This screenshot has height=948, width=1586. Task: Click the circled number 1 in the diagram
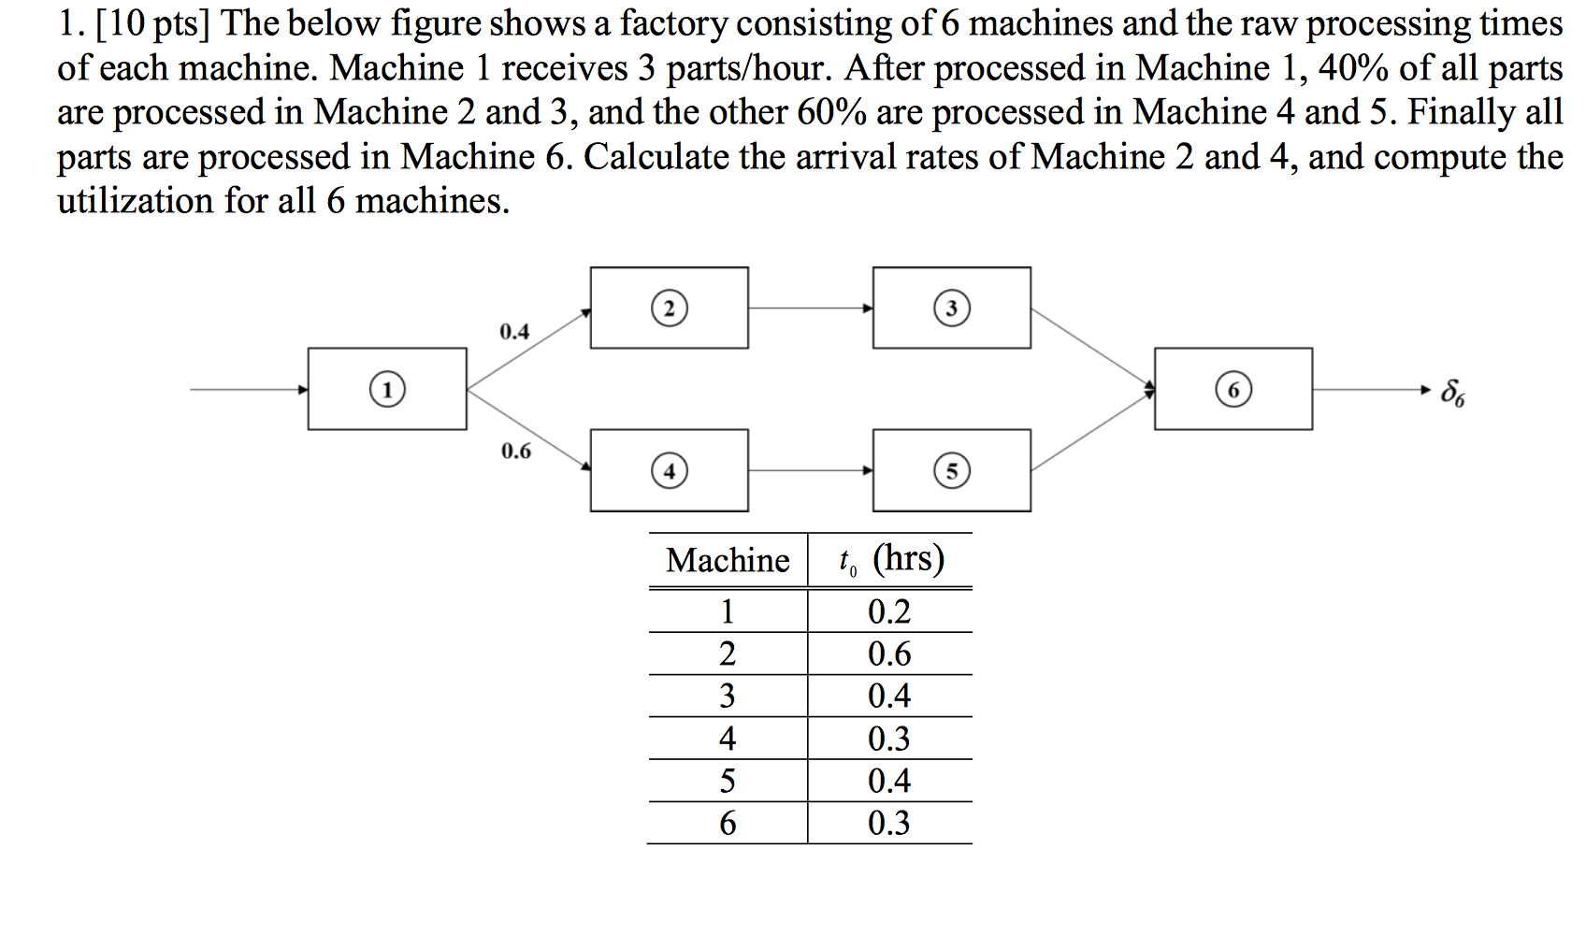coord(387,389)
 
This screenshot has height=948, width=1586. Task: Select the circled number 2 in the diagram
coord(669,309)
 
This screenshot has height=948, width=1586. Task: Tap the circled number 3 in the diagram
coord(952,309)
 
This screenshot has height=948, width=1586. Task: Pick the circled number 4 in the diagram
coord(669,470)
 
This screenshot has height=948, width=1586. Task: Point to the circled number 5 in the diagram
coord(952,470)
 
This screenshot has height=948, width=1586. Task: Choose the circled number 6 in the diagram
coord(1233,389)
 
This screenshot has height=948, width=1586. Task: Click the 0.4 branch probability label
coord(514,332)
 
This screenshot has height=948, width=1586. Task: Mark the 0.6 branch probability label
coord(515,452)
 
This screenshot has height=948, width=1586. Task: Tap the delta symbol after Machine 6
coord(1452,392)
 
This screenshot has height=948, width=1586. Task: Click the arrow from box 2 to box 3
coord(810,308)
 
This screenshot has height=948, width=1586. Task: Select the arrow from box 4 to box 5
coord(810,470)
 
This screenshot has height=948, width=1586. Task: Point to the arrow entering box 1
coord(249,389)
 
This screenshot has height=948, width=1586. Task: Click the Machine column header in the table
coord(728,560)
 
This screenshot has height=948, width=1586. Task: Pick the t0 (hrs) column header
coord(891,559)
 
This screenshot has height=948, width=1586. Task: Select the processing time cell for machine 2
coord(889,654)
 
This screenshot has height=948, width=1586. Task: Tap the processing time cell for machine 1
coord(889,611)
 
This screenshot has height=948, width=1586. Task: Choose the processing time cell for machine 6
coord(889,823)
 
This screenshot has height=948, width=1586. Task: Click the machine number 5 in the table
coord(728,781)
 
